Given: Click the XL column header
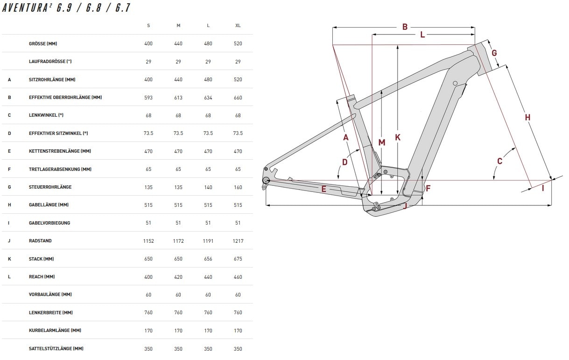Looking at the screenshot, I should click(x=238, y=26).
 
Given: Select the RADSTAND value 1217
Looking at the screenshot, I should click(x=238, y=241).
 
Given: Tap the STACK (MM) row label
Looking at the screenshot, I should click(x=42, y=259).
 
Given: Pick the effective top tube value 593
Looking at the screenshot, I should click(x=148, y=98).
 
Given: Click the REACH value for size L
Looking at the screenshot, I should click(x=208, y=277).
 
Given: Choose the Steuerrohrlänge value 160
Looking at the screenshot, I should click(x=238, y=187).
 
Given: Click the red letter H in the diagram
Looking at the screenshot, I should click(x=527, y=117).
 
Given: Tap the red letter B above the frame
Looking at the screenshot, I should click(x=405, y=27).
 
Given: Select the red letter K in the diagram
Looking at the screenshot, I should click(x=398, y=137).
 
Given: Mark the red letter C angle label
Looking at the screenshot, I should click(x=499, y=161).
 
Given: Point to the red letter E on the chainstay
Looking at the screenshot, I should click(x=324, y=189).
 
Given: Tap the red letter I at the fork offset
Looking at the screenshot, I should click(x=543, y=188).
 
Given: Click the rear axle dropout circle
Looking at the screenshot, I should click(x=266, y=180).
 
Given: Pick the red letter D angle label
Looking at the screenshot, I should click(x=345, y=162).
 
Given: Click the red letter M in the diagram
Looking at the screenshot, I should click(x=382, y=142).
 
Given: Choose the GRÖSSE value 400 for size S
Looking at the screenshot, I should click(x=148, y=44).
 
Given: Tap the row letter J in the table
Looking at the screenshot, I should click(x=9, y=241).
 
